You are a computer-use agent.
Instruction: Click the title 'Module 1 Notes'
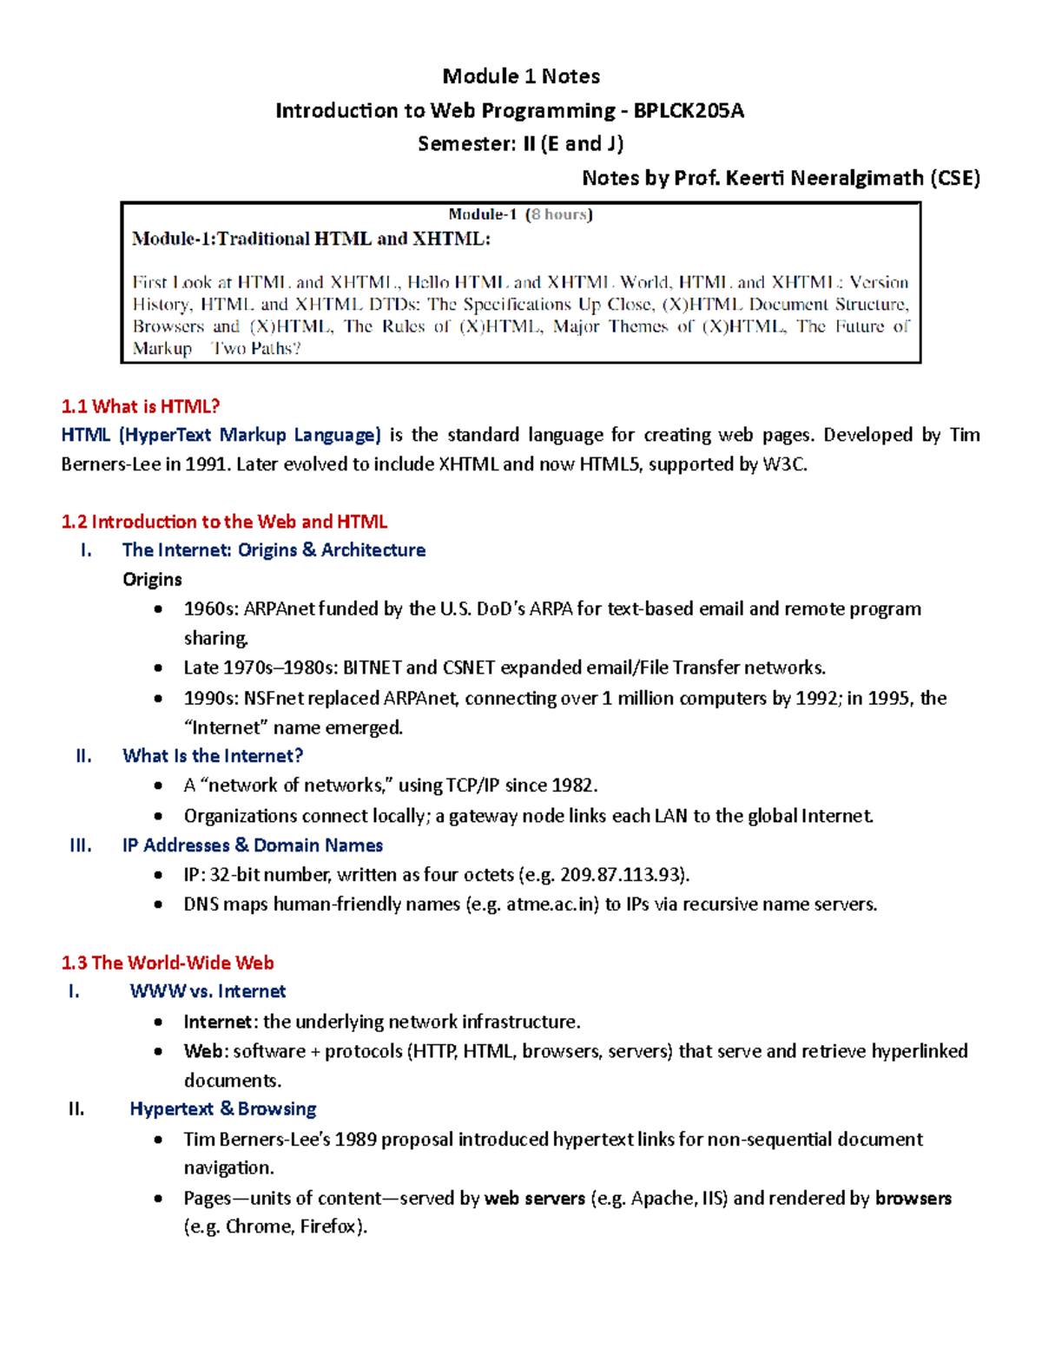pos(521,76)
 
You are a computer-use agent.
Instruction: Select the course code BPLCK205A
pos(688,110)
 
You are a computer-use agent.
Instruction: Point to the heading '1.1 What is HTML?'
pos(141,406)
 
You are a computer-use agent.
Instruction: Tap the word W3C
pos(784,464)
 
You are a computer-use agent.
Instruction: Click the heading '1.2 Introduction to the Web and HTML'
pos(224,522)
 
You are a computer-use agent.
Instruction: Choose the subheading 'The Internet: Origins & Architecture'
pos(274,550)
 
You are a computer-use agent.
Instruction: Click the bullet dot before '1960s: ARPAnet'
pos(158,609)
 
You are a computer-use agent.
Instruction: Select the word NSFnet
pos(275,699)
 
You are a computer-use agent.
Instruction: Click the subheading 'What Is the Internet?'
pos(213,756)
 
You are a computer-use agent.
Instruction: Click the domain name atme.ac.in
pos(552,904)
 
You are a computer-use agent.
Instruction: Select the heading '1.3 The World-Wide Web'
pos(168,963)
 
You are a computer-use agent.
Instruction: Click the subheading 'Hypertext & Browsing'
pos(223,1109)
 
